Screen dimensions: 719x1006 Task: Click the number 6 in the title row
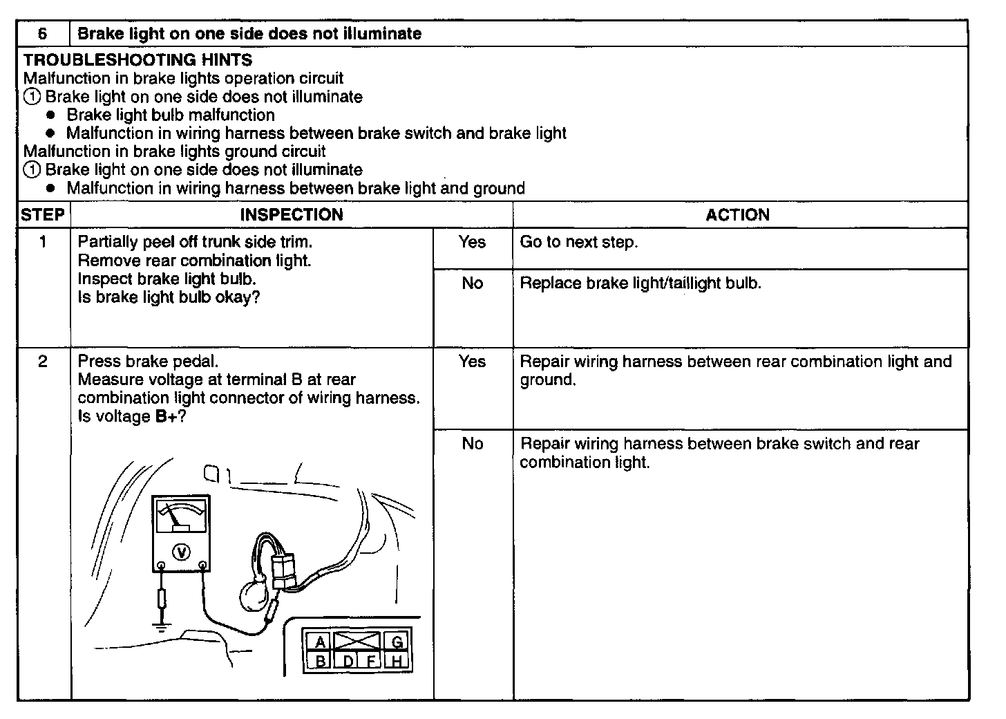(43, 34)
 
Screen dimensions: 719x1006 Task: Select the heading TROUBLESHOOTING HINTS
(137, 60)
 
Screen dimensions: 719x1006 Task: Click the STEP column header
(43, 215)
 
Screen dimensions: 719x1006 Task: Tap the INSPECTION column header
(292, 215)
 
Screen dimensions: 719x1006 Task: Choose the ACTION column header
(737, 215)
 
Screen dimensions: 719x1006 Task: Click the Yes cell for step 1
(472, 243)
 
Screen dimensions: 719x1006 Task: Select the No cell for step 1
(472, 283)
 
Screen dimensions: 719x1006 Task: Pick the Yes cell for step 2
(472, 362)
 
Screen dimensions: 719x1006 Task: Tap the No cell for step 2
(472, 444)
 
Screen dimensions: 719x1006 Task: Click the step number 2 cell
(43, 362)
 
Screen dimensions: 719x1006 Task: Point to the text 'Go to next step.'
(578, 243)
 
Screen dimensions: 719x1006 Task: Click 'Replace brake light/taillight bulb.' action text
(640, 283)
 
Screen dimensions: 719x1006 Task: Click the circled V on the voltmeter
(182, 551)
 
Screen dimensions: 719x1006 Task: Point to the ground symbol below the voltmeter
(162, 627)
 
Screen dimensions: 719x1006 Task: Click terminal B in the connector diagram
(320, 661)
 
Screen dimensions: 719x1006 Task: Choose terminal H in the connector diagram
(397, 661)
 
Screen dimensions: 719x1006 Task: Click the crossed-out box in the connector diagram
(357, 640)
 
